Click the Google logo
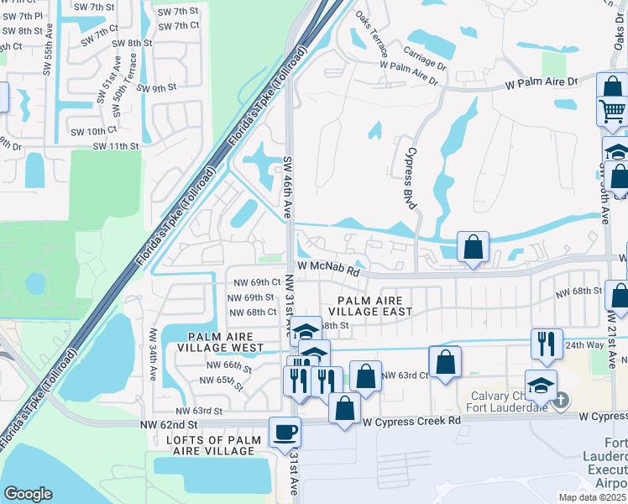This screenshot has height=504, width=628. point(29,494)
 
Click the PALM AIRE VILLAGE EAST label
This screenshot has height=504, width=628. point(375,306)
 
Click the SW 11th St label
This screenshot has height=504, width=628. point(116,146)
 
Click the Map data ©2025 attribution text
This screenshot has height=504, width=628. point(593,497)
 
